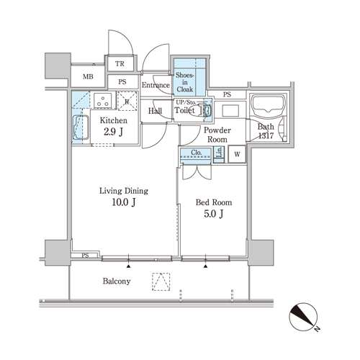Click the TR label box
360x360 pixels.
[x=120, y=64]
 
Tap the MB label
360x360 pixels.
[x=88, y=76]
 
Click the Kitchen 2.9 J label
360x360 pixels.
[x=114, y=126]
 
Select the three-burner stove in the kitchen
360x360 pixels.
[x=103, y=100]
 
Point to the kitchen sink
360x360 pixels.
[x=81, y=127]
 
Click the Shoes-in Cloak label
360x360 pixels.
[x=184, y=82]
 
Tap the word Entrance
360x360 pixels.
[x=156, y=85]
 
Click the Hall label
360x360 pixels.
[x=155, y=111]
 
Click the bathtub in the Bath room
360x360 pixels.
[x=268, y=105]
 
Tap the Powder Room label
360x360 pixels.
[x=217, y=135]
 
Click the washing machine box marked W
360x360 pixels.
[x=237, y=154]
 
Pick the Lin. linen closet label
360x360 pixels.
[x=219, y=152]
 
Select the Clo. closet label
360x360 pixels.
[x=197, y=153]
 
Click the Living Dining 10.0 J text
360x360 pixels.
[x=124, y=197]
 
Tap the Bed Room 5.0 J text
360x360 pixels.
[x=214, y=208]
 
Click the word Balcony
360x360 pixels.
[x=117, y=281]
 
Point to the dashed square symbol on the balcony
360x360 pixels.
[x=161, y=282]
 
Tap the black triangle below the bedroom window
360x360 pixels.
[x=205, y=266]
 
